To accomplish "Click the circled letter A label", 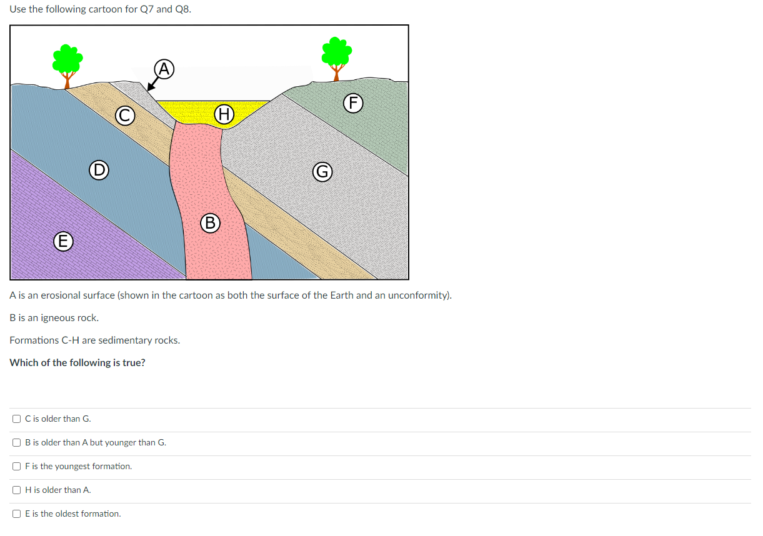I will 164,68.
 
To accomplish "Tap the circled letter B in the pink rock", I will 211,222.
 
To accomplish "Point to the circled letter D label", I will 98,169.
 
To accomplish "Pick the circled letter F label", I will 354,103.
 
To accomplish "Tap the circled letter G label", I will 322,171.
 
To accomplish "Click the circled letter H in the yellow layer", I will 224,114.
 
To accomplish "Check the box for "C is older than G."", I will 17,419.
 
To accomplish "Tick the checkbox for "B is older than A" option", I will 17,442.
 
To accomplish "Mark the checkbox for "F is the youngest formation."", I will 17,466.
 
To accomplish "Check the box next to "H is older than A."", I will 17,490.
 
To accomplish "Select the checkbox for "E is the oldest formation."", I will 17,514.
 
